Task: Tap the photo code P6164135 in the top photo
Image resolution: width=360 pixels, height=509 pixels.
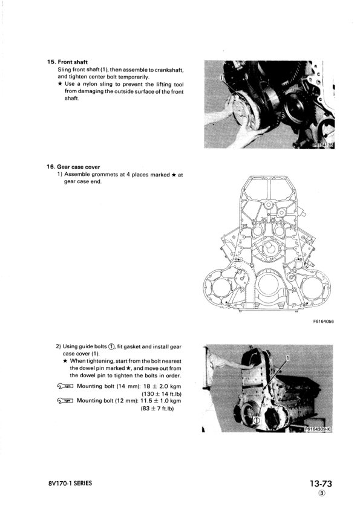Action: [322, 145]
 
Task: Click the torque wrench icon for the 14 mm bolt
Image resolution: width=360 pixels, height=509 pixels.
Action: [65, 384]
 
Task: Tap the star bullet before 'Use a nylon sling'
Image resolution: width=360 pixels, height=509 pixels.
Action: [60, 84]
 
